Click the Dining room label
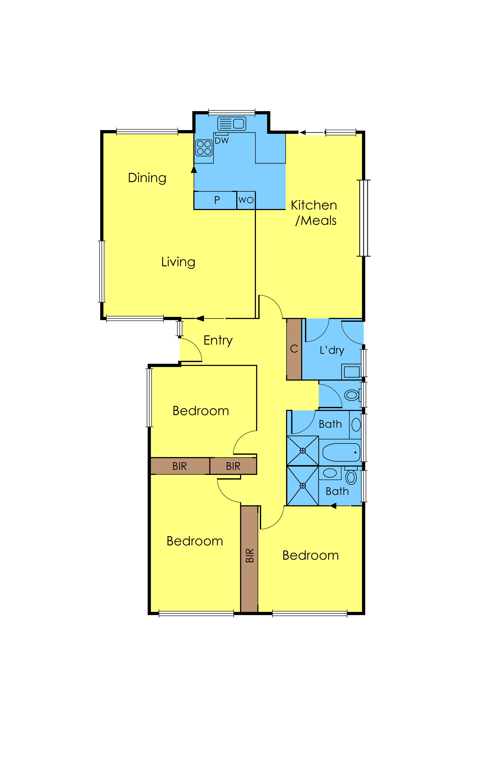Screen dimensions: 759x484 [147, 178]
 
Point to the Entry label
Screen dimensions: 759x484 [218, 340]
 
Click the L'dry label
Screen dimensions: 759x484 [332, 350]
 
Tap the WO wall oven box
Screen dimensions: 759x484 [246, 200]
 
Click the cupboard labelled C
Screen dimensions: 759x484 [294, 349]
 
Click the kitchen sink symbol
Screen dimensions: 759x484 [232, 124]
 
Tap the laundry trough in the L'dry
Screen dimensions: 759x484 [351, 372]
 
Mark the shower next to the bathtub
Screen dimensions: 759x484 [302, 451]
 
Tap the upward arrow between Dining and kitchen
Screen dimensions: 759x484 [194, 170]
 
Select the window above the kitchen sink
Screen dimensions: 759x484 [232, 112]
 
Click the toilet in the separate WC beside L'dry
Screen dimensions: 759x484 [352, 395]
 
